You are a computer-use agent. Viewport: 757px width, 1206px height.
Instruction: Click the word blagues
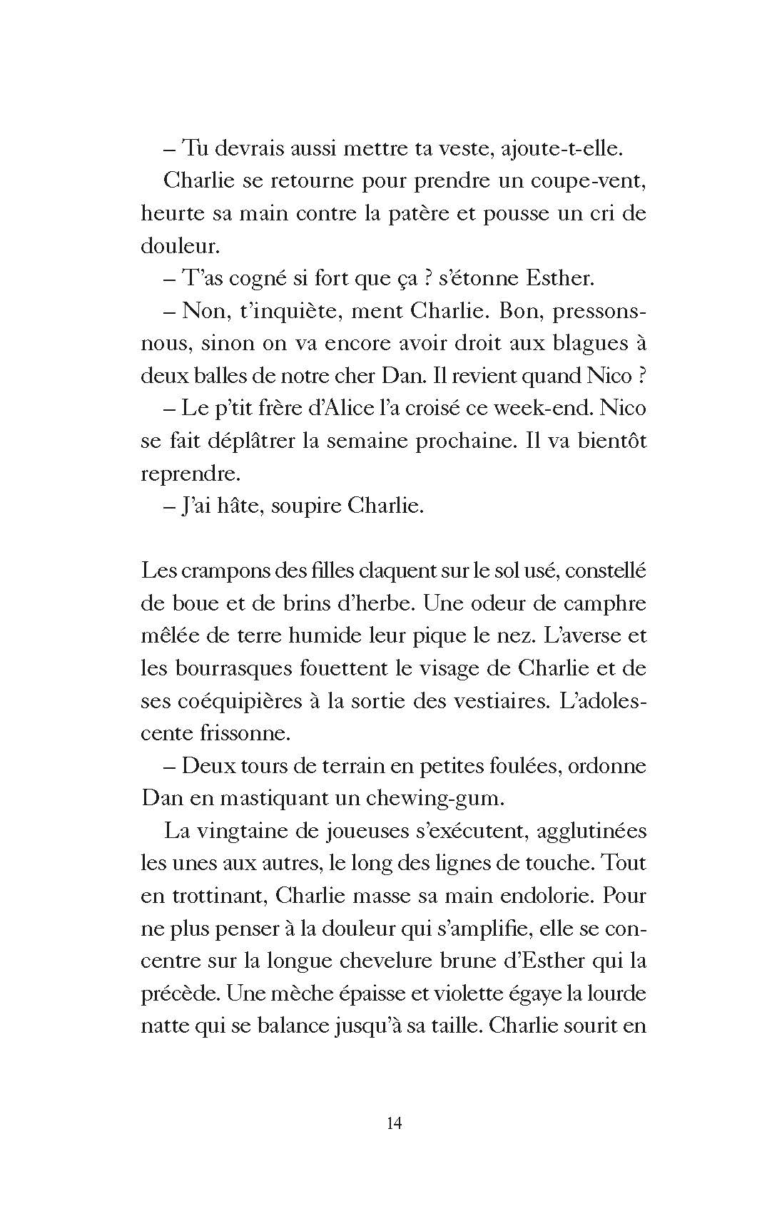[x=576, y=343]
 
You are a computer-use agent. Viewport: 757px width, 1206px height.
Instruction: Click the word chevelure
[x=382, y=961]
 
